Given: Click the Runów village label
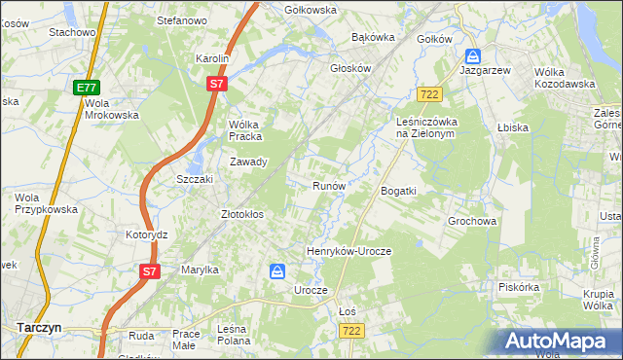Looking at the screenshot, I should click(329, 185).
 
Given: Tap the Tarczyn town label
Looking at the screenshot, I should click(39, 328).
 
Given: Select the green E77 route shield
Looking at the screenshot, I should click(86, 88).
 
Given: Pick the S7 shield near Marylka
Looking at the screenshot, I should click(148, 271).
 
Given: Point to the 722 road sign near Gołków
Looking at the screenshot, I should click(428, 93).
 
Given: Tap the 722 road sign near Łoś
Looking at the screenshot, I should click(352, 331).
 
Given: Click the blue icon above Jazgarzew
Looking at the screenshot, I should click(472, 56).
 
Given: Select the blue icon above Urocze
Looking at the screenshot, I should click(277, 271).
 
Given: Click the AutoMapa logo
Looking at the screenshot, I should click(559, 341).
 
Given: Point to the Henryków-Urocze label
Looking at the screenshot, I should click(348, 251).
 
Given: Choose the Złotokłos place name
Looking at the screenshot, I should click(243, 213).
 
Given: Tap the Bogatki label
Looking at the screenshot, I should click(398, 191).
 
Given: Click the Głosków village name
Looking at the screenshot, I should click(351, 69).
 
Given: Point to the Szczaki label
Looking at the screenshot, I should click(195, 180).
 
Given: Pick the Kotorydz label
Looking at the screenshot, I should click(147, 235).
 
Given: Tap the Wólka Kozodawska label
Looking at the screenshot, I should click(565, 78).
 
